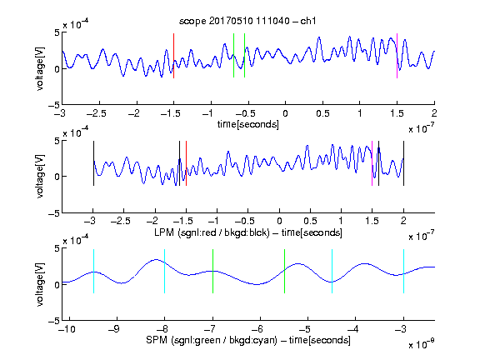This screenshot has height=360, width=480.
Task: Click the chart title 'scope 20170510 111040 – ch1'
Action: (x=247, y=21)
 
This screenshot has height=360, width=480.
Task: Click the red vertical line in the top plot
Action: (x=173, y=56)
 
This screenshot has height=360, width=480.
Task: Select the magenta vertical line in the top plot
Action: (x=397, y=56)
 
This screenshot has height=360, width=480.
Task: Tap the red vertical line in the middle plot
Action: (x=186, y=163)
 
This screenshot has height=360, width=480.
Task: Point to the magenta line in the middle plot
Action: (x=372, y=163)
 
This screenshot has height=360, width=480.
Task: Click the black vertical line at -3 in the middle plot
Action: (x=93, y=163)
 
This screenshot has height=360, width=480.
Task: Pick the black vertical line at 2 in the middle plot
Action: (x=403, y=163)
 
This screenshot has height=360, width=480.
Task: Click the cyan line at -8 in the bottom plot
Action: (x=165, y=271)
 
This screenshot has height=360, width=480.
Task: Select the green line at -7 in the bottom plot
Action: (x=212, y=271)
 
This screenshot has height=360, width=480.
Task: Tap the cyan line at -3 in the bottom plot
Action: (x=403, y=271)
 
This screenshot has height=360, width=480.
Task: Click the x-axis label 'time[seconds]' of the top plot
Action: (x=248, y=124)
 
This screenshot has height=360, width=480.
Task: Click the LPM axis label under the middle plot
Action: (x=248, y=232)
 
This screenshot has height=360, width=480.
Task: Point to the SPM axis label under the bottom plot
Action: (x=248, y=340)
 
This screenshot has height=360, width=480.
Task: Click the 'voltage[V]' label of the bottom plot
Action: (x=40, y=284)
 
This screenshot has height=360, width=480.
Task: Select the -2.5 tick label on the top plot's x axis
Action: (x=96, y=113)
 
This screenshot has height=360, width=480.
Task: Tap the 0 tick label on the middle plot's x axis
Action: (x=279, y=221)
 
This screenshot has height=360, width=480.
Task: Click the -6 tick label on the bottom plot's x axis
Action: (x=257, y=329)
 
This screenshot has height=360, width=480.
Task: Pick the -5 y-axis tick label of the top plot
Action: (x=53, y=105)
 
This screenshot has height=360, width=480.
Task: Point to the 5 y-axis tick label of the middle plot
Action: (x=57, y=141)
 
